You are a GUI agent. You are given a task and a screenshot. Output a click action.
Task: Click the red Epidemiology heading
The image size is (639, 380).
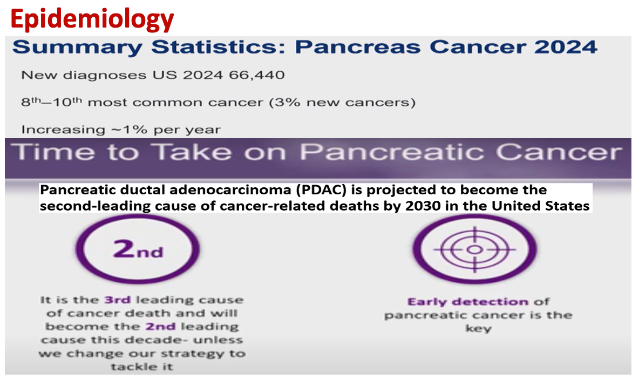[x=92, y=20]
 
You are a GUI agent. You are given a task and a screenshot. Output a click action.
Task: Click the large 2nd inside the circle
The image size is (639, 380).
[x=138, y=249]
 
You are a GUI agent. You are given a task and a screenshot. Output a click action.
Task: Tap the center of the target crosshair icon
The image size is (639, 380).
[x=474, y=249]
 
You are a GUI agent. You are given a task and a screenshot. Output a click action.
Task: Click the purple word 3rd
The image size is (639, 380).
[x=117, y=300]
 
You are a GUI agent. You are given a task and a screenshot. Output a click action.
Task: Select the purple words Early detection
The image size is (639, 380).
[x=468, y=302]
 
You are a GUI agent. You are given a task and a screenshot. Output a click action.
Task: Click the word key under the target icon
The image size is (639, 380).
[x=478, y=329]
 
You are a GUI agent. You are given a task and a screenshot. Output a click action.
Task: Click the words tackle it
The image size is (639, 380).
[x=142, y=367]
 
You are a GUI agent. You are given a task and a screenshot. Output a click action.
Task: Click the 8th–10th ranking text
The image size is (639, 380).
[x=51, y=101]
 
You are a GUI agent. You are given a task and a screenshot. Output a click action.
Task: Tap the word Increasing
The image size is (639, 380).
[x=63, y=130]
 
